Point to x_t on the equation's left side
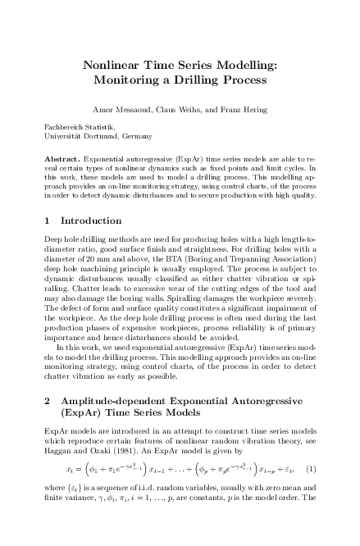[69, 492]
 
